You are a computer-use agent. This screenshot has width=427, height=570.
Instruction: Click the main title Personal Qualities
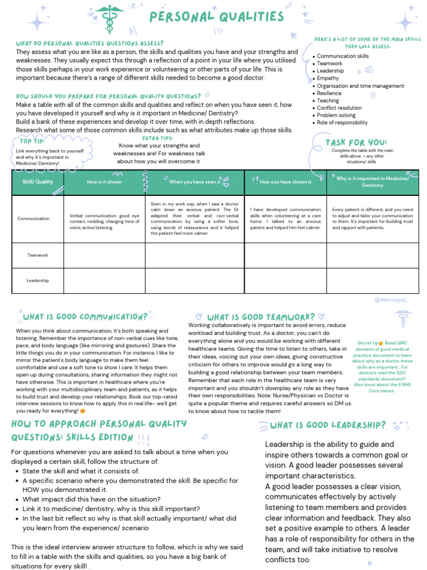pos(216,17)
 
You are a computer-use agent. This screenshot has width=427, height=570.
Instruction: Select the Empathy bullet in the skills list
pos(327,78)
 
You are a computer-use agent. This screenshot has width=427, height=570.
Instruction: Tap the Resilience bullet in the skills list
pos(330,94)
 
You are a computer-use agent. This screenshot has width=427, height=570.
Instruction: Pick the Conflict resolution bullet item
pos(339,108)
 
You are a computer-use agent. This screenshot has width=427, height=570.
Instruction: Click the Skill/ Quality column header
pos(38,182)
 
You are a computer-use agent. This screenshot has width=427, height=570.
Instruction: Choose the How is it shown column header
pos(104,182)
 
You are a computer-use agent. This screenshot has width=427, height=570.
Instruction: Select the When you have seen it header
pos(195,182)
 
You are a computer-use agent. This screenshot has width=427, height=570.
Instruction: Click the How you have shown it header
pos(285,182)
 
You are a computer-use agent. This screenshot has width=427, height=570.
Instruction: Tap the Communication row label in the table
pos(33,219)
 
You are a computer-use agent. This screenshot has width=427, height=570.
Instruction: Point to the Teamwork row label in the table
pos(38,255)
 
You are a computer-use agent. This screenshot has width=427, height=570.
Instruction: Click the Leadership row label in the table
pos(38,281)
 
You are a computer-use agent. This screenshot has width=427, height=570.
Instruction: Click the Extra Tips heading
pos(158,137)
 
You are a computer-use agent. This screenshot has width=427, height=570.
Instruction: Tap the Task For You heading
pos(356,142)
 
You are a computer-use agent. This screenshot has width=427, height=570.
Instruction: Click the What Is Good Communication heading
pos(85,317)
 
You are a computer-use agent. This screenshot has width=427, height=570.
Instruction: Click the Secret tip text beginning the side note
pos(370,343)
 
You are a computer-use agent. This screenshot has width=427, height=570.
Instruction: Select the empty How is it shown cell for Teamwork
pos(104,255)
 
